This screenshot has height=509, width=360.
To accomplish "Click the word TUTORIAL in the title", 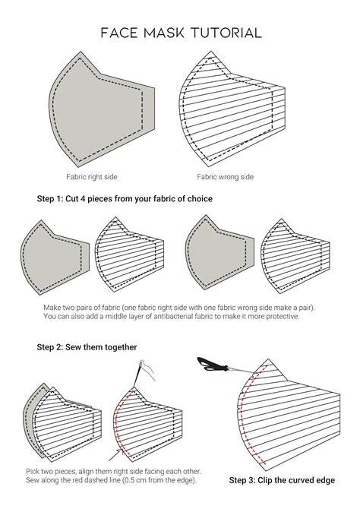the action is click(226, 33).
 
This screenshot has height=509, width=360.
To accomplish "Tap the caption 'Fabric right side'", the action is click(92, 177).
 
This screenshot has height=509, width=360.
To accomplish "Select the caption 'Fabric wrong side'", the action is click(225, 177).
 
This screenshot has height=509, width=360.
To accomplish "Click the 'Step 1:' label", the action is click(50, 199).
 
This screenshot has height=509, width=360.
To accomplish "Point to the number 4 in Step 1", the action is click(83, 199).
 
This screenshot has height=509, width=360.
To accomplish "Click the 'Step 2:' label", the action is click(50, 347).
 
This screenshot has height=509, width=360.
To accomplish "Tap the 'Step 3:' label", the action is click(242, 480).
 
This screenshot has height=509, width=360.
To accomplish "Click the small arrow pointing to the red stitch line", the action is click(115, 455).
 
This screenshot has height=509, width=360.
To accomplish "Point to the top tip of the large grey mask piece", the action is click(80, 52).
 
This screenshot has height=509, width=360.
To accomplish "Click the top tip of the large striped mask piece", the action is click(210, 51).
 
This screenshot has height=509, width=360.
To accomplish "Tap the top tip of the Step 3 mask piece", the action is click(268, 359).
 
